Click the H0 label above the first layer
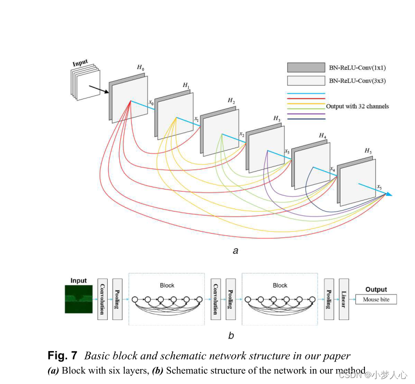pyautogui.click(x=140, y=67)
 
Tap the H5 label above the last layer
pyautogui.click(x=368, y=150)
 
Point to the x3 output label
pyautogui.click(x=287, y=151)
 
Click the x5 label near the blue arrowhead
pyautogui.click(x=379, y=187)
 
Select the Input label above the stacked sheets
pyautogui.click(x=80, y=63)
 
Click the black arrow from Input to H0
pyautogui.click(x=99, y=89)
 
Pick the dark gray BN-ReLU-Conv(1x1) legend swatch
pyautogui.click(x=306, y=67)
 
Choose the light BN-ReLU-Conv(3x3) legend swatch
pyautogui.click(x=306, y=80)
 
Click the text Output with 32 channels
pyautogui.click(x=357, y=106)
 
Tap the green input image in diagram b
pyautogui.click(x=79, y=299)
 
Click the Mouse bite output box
pyautogui.click(x=376, y=300)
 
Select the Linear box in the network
pyautogui.click(x=343, y=299)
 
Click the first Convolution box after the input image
pyautogui.click(x=103, y=299)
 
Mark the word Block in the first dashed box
pyautogui.click(x=167, y=285)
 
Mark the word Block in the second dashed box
pyautogui.click(x=280, y=285)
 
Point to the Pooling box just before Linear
pyautogui.click(x=329, y=299)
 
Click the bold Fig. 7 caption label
pyautogui.click(x=63, y=356)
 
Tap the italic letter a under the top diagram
pyautogui.click(x=235, y=251)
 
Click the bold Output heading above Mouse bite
pyautogui.click(x=376, y=289)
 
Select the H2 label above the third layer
pyautogui.click(x=231, y=101)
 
